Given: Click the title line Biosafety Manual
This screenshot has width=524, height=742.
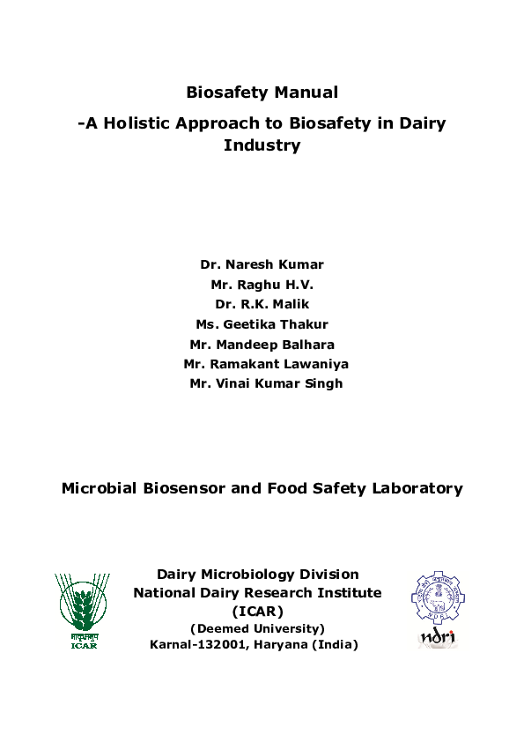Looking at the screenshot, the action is (262, 93).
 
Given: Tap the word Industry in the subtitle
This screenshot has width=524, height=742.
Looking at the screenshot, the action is (262, 145).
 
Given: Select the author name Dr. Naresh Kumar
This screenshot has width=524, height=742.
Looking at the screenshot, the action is (262, 264).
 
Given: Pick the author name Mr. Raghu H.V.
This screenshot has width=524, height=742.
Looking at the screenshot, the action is (262, 285).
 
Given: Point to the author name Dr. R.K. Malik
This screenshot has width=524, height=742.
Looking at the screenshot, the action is (262, 304).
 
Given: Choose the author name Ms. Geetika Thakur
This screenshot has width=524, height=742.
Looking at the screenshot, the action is (262, 324).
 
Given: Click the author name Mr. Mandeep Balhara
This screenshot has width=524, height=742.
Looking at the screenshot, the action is (262, 344).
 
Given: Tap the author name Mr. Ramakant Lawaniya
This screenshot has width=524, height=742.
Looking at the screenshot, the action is (262, 363).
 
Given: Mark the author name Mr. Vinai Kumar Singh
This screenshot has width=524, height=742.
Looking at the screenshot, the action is (266, 383).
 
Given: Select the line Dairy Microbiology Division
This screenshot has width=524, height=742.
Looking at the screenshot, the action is (257, 575).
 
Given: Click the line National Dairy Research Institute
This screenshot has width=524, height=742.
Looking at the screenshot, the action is (257, 593).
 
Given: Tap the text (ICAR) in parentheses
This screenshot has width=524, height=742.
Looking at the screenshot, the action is (257, 611).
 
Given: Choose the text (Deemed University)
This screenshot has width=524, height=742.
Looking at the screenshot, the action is (257, 628).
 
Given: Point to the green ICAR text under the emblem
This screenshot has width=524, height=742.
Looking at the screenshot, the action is (84, 646).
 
